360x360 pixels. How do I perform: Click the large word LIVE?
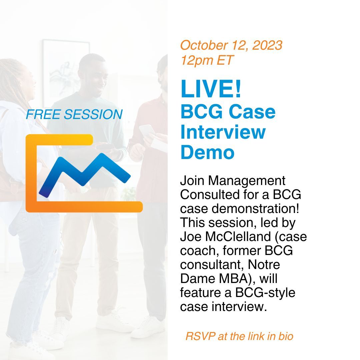click(x=211, y=89)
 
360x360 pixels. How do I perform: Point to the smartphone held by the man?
click(x=147, y=130)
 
